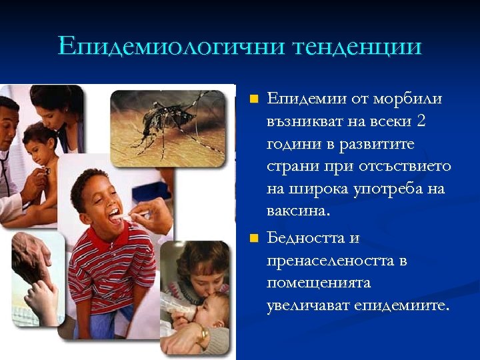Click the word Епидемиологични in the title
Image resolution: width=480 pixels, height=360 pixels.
point(170,47)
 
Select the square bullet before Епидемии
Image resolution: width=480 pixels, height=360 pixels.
point(253,99)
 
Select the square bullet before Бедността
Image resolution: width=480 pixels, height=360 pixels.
point(253,238)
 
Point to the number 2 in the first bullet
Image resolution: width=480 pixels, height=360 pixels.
point(421,121)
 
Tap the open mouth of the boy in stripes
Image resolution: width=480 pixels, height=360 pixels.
point(115,215)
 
